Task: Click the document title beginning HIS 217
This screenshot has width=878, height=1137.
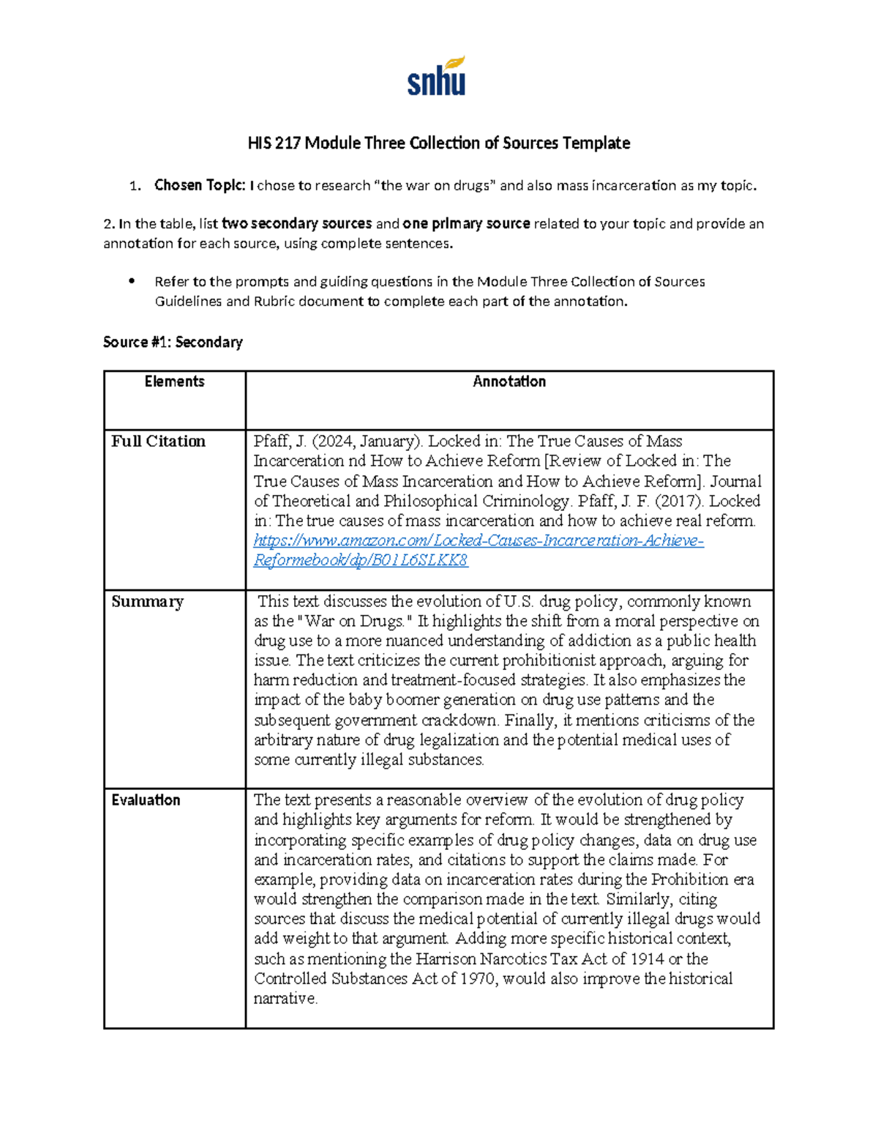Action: [x=438, y=143]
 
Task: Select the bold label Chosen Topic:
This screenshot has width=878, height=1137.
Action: [x=199, y=185]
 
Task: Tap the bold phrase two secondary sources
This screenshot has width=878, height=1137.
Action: [x=296, y=223]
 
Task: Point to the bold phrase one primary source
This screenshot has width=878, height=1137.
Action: [x=466, y=223]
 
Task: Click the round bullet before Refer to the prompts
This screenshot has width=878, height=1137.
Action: [x=132, y=281]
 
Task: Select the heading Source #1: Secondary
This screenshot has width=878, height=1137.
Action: [x=173, y=342]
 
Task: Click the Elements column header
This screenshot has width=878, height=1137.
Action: [x=174, y=381]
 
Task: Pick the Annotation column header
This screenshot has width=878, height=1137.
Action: [x=509, y=381]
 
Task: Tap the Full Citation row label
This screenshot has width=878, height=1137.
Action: [x=158, y=441]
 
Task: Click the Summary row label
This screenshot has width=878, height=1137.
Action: [x=147, y=602]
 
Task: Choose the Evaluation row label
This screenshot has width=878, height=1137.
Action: [x=146, y=800]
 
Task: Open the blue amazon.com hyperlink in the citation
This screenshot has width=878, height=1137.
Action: [x=479, y=541]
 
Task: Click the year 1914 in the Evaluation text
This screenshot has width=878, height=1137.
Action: [x=645, y=959]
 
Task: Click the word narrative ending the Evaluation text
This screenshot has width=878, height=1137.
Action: [x=285, y=999]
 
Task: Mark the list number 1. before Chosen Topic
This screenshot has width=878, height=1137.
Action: [x=135, y=186]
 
